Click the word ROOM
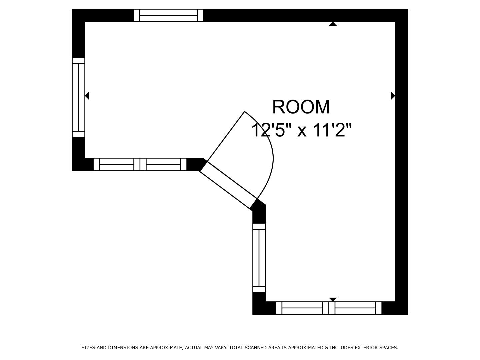coord(301,107)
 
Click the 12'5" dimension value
coord(269,130)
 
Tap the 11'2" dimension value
coord(332,130)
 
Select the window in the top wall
coord(168,15)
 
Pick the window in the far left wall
coord(79,97)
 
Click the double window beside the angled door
coord(140,164)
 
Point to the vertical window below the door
coord(259,258)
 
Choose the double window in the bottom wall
coord(329,308)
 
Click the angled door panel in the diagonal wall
coord(228,185)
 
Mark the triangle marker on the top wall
coord(333,24)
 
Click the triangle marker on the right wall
coord(393,96)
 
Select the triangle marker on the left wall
coord(87,96)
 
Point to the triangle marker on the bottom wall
coord(333,299)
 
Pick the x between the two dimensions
coord(302,131)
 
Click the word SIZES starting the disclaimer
coord(88,348)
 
